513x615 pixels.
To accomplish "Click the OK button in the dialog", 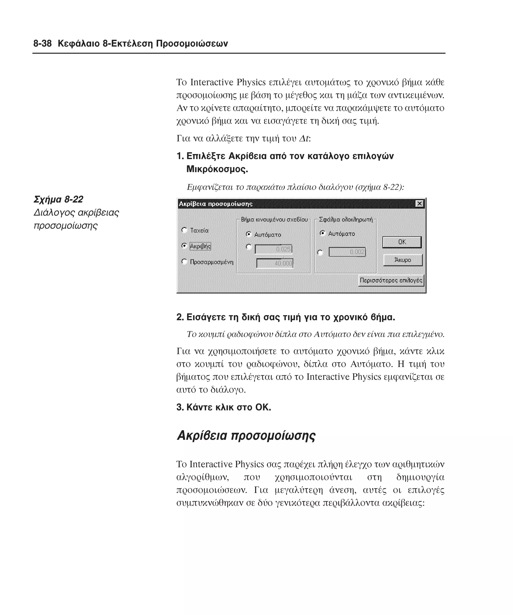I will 402,242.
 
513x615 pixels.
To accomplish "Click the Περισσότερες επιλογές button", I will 391,280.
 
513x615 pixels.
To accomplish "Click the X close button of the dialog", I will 420,203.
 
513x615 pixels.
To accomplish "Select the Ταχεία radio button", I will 184,230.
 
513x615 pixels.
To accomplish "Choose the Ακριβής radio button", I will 184,246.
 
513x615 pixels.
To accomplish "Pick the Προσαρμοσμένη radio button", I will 184,261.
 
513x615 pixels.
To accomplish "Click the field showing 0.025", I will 273,249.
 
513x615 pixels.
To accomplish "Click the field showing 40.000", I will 275,263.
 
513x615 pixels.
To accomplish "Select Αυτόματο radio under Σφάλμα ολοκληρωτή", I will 322,233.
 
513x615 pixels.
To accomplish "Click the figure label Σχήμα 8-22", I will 58,199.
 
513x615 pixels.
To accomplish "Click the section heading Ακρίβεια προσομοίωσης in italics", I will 246,435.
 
